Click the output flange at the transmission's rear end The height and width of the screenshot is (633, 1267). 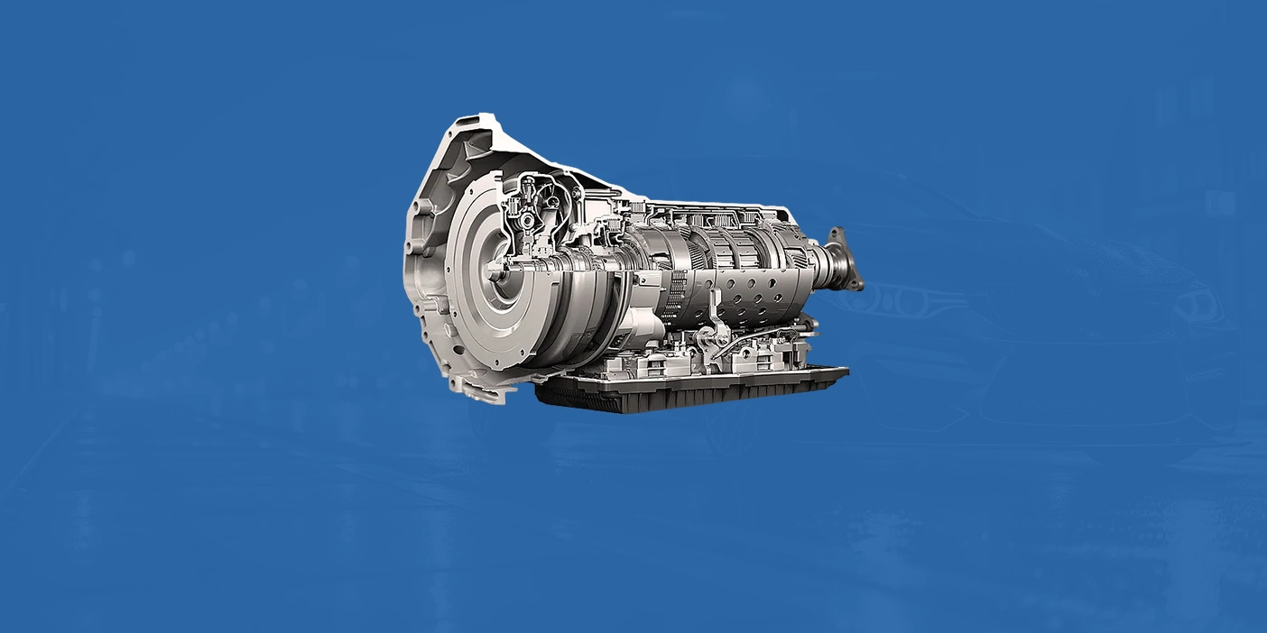tap(845, 261)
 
